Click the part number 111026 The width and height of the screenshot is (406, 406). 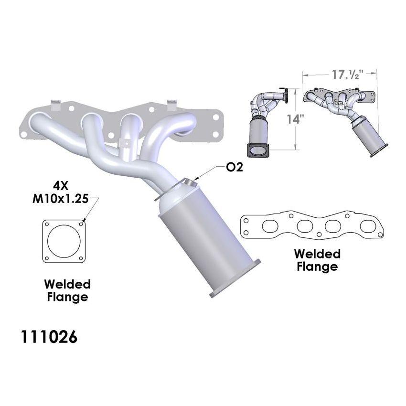click(x=48, y=337)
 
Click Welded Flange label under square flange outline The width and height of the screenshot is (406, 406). click(x=67, y=290)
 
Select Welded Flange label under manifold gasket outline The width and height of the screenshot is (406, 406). click(x=317, y=259)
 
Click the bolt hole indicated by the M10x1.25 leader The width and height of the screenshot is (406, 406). click(x=84, y=223)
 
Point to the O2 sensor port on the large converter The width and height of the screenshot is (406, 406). click(x=190, y=182)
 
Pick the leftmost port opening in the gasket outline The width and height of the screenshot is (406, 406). click(x=265, y=224)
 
